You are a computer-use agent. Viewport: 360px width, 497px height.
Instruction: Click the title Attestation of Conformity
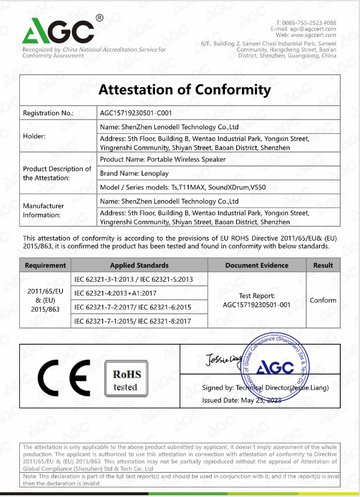point(185,90)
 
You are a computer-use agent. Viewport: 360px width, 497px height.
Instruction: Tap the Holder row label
point(34,136)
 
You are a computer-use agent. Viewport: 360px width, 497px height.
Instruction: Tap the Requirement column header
point(46,265)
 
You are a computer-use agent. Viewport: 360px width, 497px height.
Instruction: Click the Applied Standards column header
point(139,265)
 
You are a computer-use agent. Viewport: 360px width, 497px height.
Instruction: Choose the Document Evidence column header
point(257,265)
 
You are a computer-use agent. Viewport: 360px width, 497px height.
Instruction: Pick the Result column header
point(323,265)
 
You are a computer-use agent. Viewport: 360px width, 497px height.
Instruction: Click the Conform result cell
point(323,300)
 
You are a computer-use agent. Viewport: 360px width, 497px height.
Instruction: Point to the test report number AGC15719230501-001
point(257,305)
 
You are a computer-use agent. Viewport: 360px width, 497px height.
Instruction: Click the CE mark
point(63,378)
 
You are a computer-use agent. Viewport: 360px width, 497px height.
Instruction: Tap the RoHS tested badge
point(125,378)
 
